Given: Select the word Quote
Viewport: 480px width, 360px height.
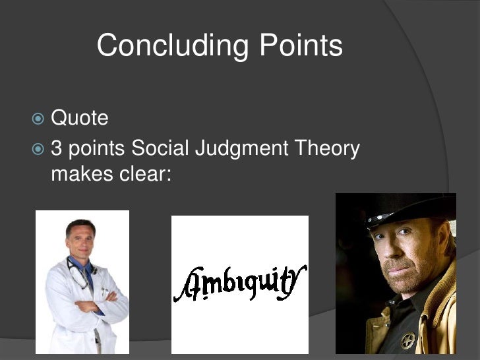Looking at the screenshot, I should [79, 119].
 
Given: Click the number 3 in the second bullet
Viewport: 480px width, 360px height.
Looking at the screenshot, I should [57, 149].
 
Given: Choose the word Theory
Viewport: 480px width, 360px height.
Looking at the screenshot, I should [328, 150].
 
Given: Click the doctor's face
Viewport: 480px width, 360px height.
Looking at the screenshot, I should [81, 240].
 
